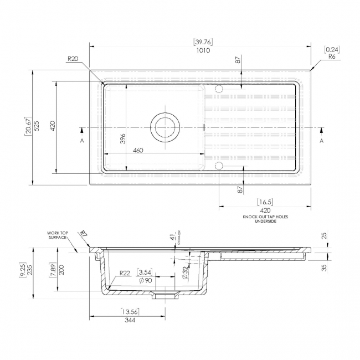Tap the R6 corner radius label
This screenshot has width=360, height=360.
point(332,56)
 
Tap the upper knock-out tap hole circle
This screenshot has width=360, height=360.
point(218,89)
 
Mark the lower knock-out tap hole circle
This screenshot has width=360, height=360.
point(218,166)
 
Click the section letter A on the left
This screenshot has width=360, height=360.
point(81,141)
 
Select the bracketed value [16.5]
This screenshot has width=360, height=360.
point(265,202)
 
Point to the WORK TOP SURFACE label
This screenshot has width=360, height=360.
point(57,234)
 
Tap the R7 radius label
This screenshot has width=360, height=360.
point(83,234)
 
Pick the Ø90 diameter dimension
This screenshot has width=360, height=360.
point(146,281)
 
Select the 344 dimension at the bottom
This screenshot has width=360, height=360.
point(130,320)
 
